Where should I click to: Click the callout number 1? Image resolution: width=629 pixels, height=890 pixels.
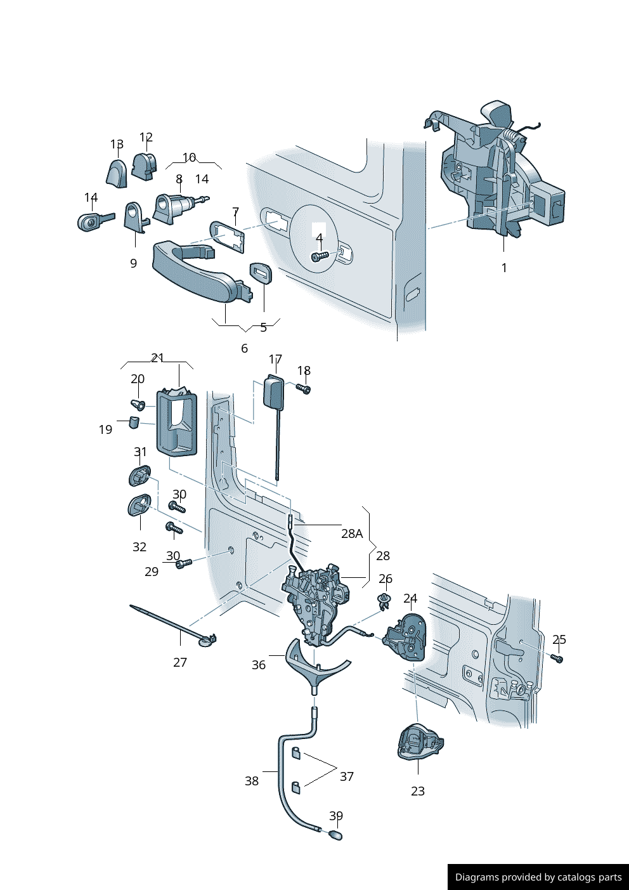pyautogui.click(x=504, y=268)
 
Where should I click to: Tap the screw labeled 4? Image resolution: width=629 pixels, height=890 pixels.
pyautogui.click(x=319, y=257)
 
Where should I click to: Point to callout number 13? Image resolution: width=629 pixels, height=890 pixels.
pyautogui.click(x=117, y=145)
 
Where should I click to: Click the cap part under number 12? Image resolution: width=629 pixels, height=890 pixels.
pyautogui.click(x=143, y=166)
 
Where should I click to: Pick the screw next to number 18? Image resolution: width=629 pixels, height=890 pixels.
pyautogui.click(x=303, y=388)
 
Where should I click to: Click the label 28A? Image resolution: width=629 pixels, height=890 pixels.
pyautogui.click(x=352, y=533)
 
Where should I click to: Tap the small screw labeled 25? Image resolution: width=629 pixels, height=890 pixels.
pyautogui.click(x=558, y=659)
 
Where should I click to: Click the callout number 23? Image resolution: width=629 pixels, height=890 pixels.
pyautogui.click(x=418, y=791)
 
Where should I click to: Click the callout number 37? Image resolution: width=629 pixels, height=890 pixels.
pyautogui.click(x=347, y=776)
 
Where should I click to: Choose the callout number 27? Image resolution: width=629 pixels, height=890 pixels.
pyautogui.click(x=180, y=662)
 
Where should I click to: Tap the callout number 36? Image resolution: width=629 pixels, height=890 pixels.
pyautogui.click(x=259, y=665)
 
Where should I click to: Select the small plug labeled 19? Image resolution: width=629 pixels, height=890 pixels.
pyautogui.click(x=134, y=422)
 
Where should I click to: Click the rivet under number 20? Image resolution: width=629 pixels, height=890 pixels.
pyautogui.click(x=138, y=404)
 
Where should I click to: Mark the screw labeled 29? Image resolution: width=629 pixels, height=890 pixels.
pyautogui.click(x=182, y=563)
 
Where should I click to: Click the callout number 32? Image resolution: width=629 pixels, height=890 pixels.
pyautogui.click(x=139, y=547)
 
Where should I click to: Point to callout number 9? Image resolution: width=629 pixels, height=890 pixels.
pyautogui.click(x=133, y=263)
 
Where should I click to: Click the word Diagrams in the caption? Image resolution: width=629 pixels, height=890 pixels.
pyautogui.click(x=476, y=877)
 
